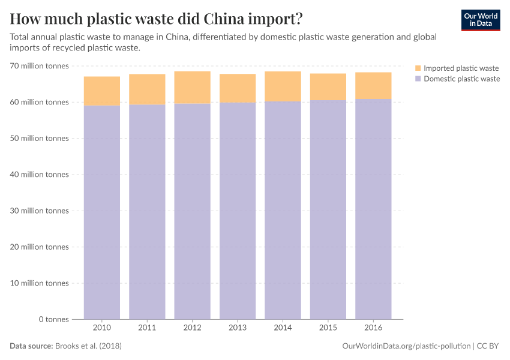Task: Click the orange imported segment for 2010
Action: tap(102, 91)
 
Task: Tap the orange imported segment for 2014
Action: tap(283, 86)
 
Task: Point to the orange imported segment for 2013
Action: tap(238, 88)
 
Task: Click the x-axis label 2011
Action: tap(147, 328)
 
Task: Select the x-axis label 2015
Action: tap(328, 328)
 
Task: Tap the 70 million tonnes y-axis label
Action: tap(39, 66)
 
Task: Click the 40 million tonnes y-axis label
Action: tap(39, 175)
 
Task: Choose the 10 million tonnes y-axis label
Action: tap(39, 283)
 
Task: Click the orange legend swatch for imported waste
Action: tap(418, 68)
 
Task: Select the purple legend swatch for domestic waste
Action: tap(418, 79)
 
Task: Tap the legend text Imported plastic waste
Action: tap(461, 68)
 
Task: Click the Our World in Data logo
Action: tap(481, 20)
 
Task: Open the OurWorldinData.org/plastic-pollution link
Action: tap(406, 346)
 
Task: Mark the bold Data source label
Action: tap(31, 346)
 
